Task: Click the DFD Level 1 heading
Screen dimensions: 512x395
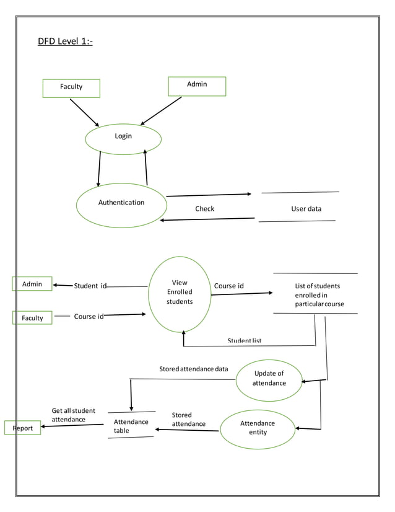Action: click(x=65, y=42)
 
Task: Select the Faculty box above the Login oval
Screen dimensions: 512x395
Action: click(x=71, y=87)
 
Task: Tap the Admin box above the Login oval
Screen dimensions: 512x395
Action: click(x=197, y=86)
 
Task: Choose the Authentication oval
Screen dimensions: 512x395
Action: click(x=121, y=203)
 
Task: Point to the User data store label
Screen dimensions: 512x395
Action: click(x=306, y=209)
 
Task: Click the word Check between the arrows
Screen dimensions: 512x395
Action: click(x=204, y=209)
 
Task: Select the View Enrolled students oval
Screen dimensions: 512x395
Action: click(x=180, y=294)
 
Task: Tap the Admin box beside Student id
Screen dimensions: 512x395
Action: click(x=32, y=284)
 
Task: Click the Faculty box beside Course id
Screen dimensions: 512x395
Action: click(x=32, y=318)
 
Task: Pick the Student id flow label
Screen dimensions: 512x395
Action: click(x=90, y=286)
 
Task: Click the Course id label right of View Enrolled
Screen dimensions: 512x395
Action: click(x=228, y=286)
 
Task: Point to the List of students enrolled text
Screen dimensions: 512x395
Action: click(x=319, y=295)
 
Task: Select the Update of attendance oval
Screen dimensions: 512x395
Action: click(x=269, y=379)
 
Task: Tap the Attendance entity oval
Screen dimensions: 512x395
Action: click(x=258, y=428)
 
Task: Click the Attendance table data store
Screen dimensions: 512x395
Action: click(x=131, y=426)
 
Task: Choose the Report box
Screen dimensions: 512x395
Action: click(x=23, y=428)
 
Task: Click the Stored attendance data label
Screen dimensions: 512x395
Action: click(x=193, y=369)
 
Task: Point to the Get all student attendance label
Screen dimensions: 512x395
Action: click(x=73, y=415)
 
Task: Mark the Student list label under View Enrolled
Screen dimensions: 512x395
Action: click(x=245, y=341)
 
